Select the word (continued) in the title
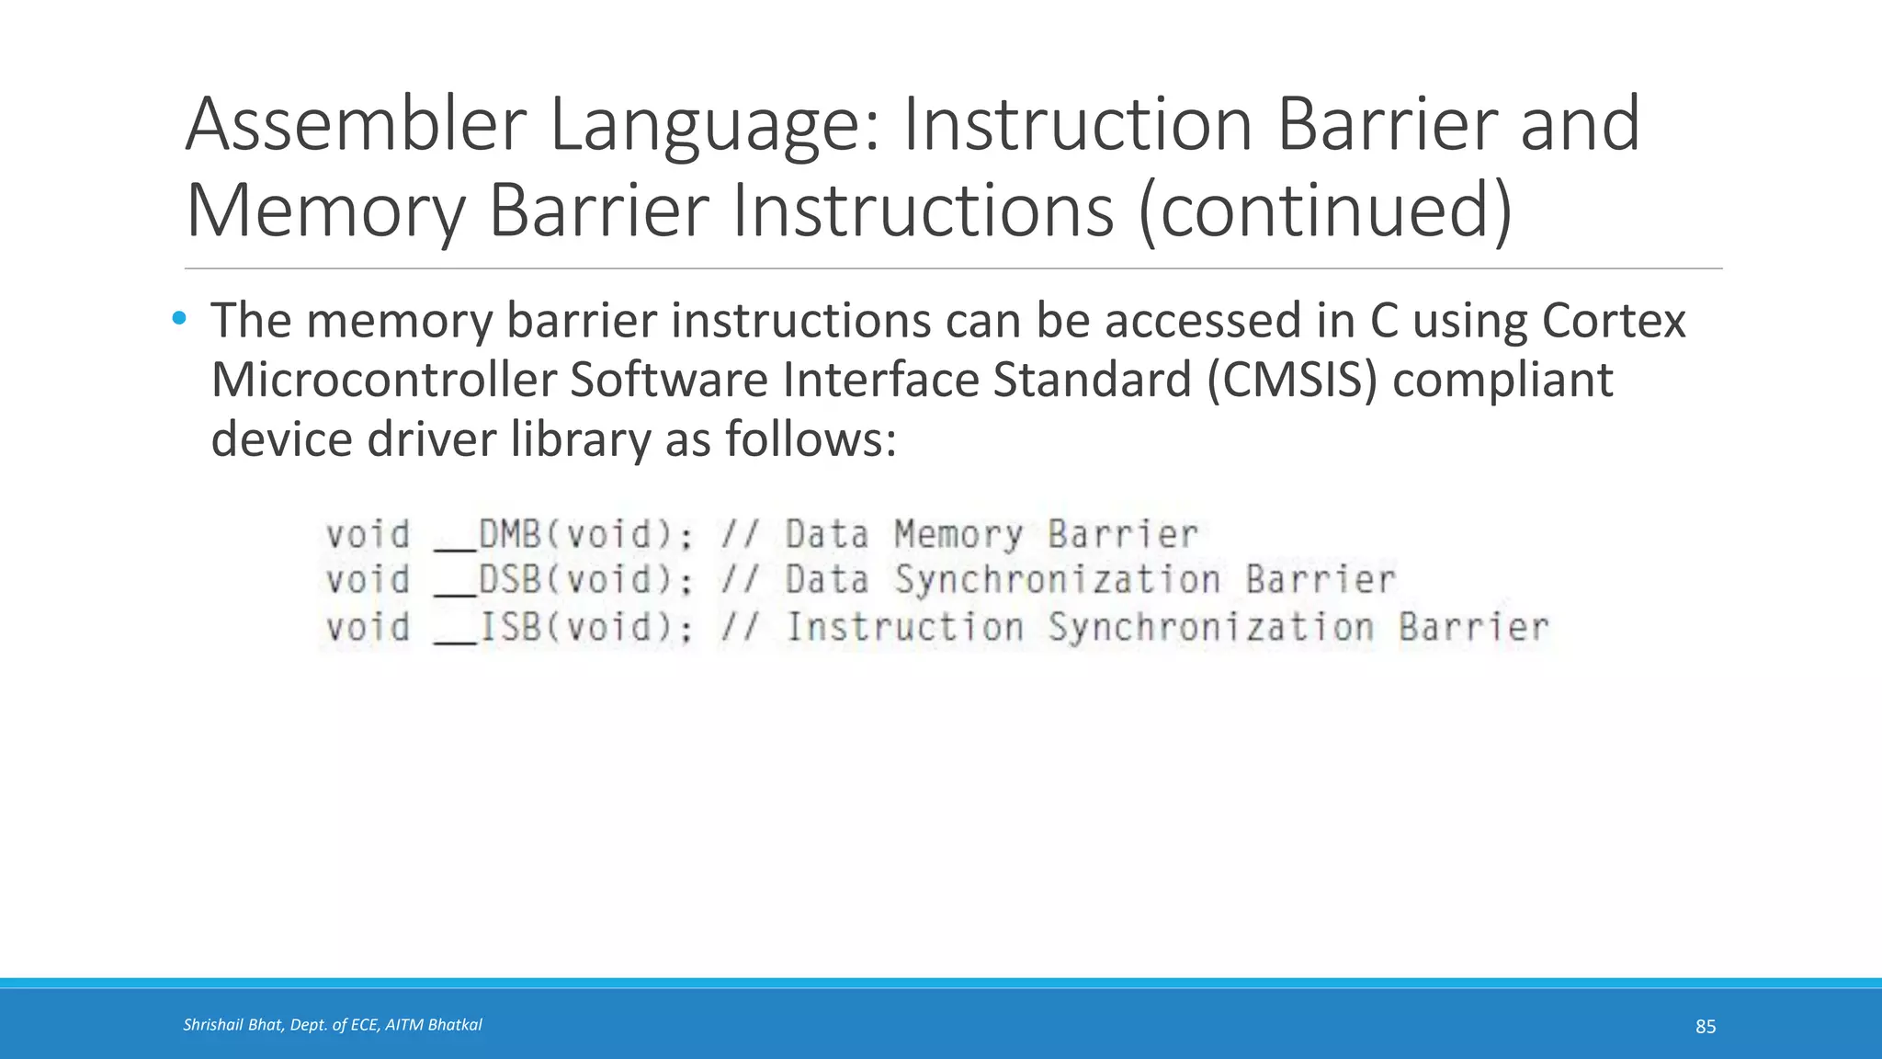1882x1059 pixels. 1325,211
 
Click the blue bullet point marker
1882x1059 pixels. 179,319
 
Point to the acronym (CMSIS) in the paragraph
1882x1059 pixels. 1293,380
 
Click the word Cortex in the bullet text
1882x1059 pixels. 1613,321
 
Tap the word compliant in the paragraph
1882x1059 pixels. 1502,380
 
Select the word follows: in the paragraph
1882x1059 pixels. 810,438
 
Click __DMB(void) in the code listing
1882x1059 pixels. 562,534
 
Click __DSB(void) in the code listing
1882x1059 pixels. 562,580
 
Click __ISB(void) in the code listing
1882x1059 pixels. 562,627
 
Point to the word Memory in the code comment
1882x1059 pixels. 958,534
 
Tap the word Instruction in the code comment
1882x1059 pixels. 905,627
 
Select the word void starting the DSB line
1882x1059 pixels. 368,580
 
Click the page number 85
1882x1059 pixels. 1705,1027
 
